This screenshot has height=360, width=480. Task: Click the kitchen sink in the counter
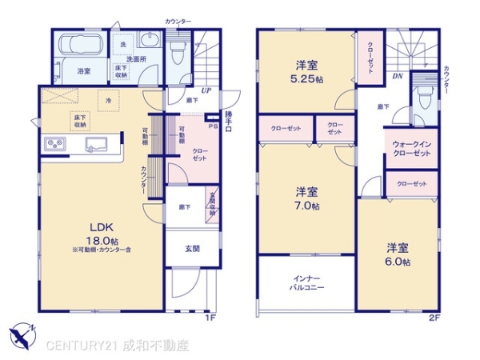coord(94,145)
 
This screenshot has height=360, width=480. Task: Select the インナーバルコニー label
coord(306,282)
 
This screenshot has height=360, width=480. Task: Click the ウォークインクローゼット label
coord(411,149)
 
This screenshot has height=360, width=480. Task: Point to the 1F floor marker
coord(210,318)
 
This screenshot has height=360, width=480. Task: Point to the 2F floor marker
coord(434,318)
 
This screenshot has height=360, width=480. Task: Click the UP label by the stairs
coord(206,90)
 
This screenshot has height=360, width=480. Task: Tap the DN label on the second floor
coord(398,78)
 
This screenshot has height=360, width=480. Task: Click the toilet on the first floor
coord(178,50)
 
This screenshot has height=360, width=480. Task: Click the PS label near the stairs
coord(213,126)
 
